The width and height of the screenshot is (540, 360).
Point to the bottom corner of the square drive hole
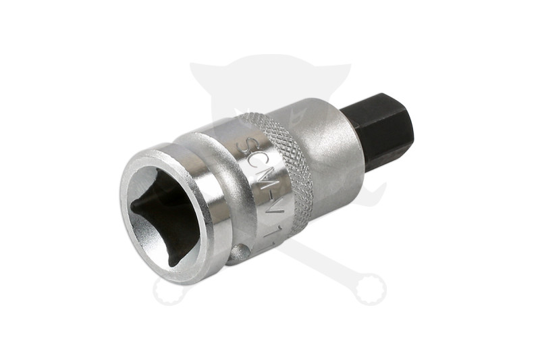pos(173,260)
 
